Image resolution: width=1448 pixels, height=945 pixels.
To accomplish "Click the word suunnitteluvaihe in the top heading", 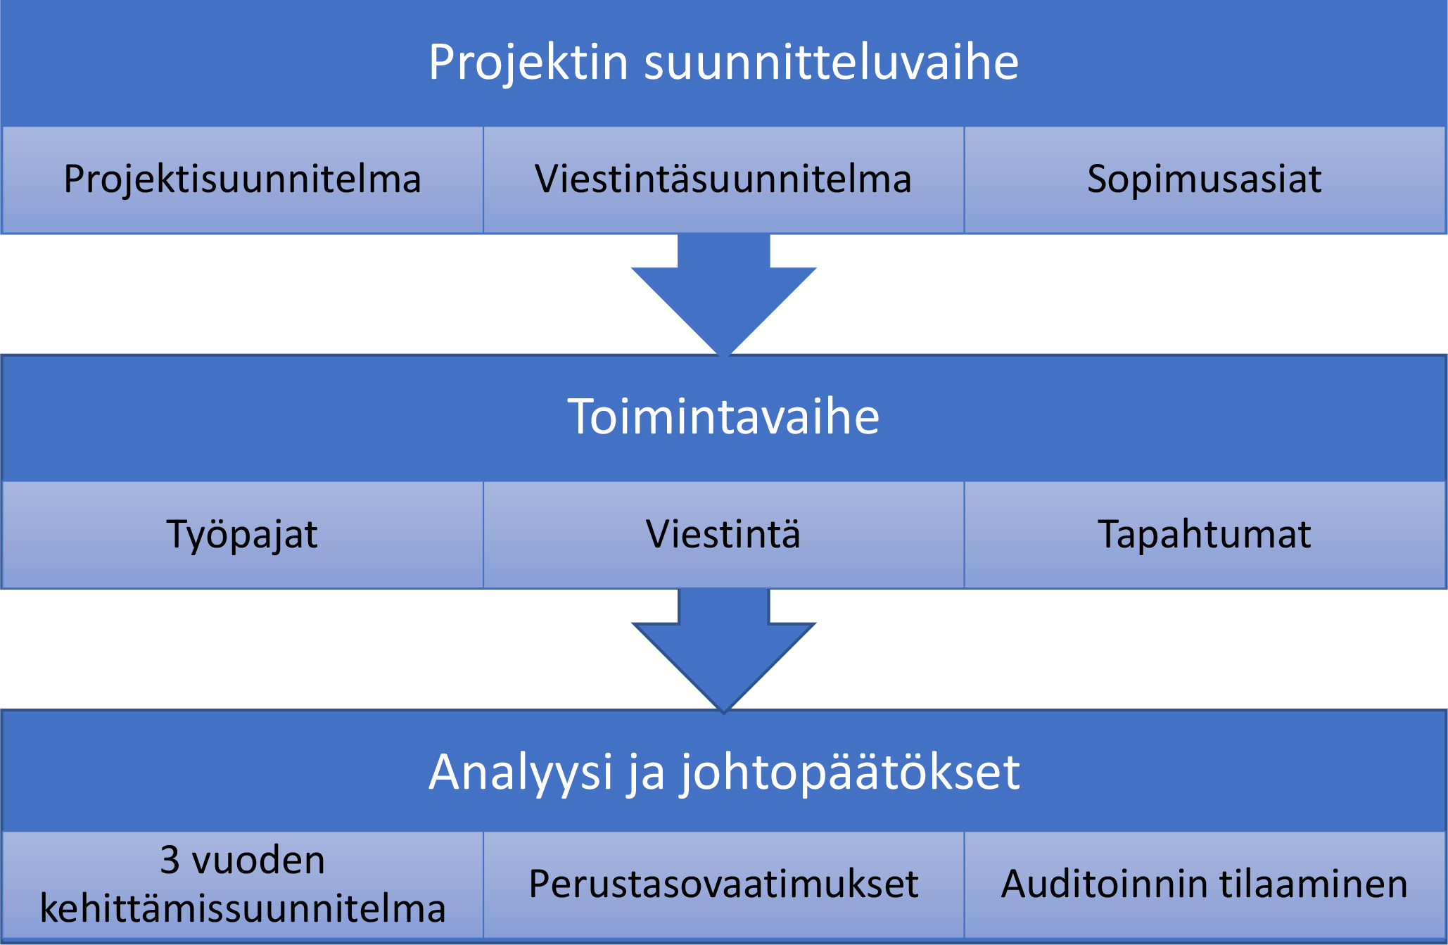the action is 831,62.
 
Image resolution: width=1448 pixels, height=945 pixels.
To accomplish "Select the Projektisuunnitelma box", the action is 243,180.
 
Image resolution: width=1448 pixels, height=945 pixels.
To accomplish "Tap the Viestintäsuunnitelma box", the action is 723,180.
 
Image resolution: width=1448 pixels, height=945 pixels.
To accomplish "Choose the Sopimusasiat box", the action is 1205,180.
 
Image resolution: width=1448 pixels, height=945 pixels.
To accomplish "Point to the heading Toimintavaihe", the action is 723,417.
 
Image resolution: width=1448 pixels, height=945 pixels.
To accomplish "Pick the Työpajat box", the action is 243,535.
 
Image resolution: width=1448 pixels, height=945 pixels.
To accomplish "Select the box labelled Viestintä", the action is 723,535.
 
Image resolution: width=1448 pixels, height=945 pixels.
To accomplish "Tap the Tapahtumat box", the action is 1205,535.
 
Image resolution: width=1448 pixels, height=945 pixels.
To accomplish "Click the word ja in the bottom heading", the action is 646,774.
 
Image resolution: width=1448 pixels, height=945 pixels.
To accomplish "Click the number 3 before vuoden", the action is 170,860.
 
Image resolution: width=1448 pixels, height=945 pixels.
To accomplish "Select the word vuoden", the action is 258,860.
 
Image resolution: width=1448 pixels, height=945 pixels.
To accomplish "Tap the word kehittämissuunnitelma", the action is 243,908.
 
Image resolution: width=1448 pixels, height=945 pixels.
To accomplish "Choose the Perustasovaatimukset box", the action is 723,884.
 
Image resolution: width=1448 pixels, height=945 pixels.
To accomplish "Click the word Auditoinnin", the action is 1100,884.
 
